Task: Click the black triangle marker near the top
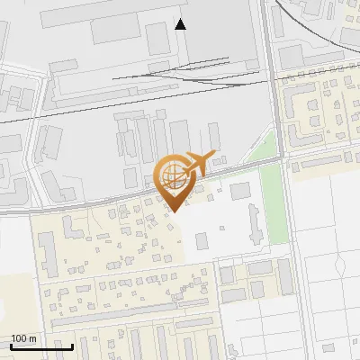pos(181,24)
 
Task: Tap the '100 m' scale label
pos(24,338)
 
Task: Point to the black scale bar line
pos(41,346)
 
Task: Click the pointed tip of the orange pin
pos(174,211)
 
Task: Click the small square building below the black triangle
pos(157,39)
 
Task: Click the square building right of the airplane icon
pos(239,192)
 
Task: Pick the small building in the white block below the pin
pos(201,240)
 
